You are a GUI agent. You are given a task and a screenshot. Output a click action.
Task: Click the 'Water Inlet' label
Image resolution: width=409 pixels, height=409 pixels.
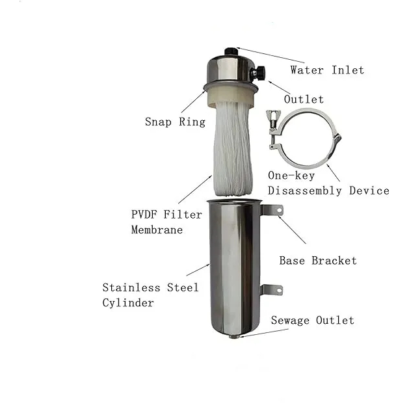(327, 70)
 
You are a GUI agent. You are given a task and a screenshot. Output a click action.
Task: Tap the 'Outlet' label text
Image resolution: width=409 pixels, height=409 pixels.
(304, 99)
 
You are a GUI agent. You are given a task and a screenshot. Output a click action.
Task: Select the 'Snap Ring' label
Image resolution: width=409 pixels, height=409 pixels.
(175, 122)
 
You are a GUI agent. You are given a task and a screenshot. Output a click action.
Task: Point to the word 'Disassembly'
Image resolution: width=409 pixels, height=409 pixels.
(305, 191)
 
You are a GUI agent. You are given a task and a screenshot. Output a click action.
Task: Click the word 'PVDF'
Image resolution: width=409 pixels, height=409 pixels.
(144, 215)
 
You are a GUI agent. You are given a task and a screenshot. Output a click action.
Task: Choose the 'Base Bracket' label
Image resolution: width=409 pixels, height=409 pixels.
(318, 261)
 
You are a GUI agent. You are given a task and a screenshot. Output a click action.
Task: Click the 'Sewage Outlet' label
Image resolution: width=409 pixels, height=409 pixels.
(313, 321)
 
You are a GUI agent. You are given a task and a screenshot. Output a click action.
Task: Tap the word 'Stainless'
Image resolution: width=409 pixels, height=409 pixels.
(131, 287)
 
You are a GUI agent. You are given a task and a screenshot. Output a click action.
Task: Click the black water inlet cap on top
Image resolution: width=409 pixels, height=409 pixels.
(231, 51)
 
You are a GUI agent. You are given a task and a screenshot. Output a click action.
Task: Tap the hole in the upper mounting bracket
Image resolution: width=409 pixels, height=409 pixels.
(279, 210)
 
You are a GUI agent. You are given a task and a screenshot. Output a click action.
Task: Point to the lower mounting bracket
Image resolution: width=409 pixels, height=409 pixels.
(271, 290)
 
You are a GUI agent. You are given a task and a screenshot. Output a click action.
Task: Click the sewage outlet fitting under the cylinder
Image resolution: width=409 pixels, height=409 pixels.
(234, 336)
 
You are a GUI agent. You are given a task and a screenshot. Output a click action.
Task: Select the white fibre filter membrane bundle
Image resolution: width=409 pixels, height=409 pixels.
(233, 149)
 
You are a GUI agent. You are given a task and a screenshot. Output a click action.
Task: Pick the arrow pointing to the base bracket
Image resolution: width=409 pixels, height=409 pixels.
(292, 230)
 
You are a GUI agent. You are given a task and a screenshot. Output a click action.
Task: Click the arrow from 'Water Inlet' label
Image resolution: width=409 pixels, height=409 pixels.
(270, 55)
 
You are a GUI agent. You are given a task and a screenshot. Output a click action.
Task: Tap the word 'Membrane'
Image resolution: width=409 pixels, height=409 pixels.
(157, 230)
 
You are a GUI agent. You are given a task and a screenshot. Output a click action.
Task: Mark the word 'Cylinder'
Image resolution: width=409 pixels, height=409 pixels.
(128, 303)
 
